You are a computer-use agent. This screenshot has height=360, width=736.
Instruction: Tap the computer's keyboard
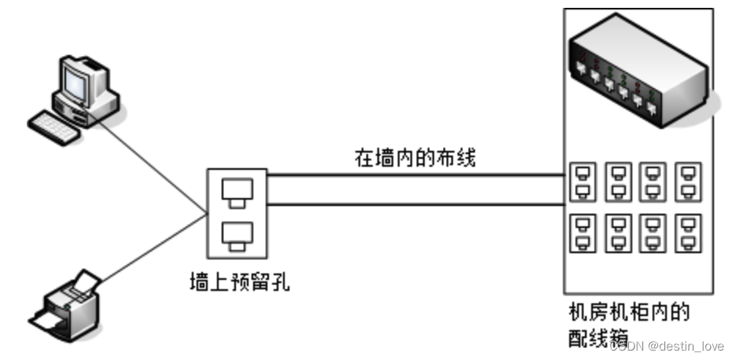(x=53, y=125)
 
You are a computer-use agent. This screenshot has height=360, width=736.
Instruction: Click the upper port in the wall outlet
(x=237, y=191)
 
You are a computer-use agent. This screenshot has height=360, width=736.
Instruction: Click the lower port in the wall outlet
(x=237, y=233)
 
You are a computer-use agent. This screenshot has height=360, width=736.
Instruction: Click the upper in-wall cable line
(x=417, y=176)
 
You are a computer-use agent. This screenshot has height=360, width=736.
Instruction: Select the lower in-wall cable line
(x=417, y=206)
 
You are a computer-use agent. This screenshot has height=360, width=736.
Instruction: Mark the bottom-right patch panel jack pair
(x=690, y=232)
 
